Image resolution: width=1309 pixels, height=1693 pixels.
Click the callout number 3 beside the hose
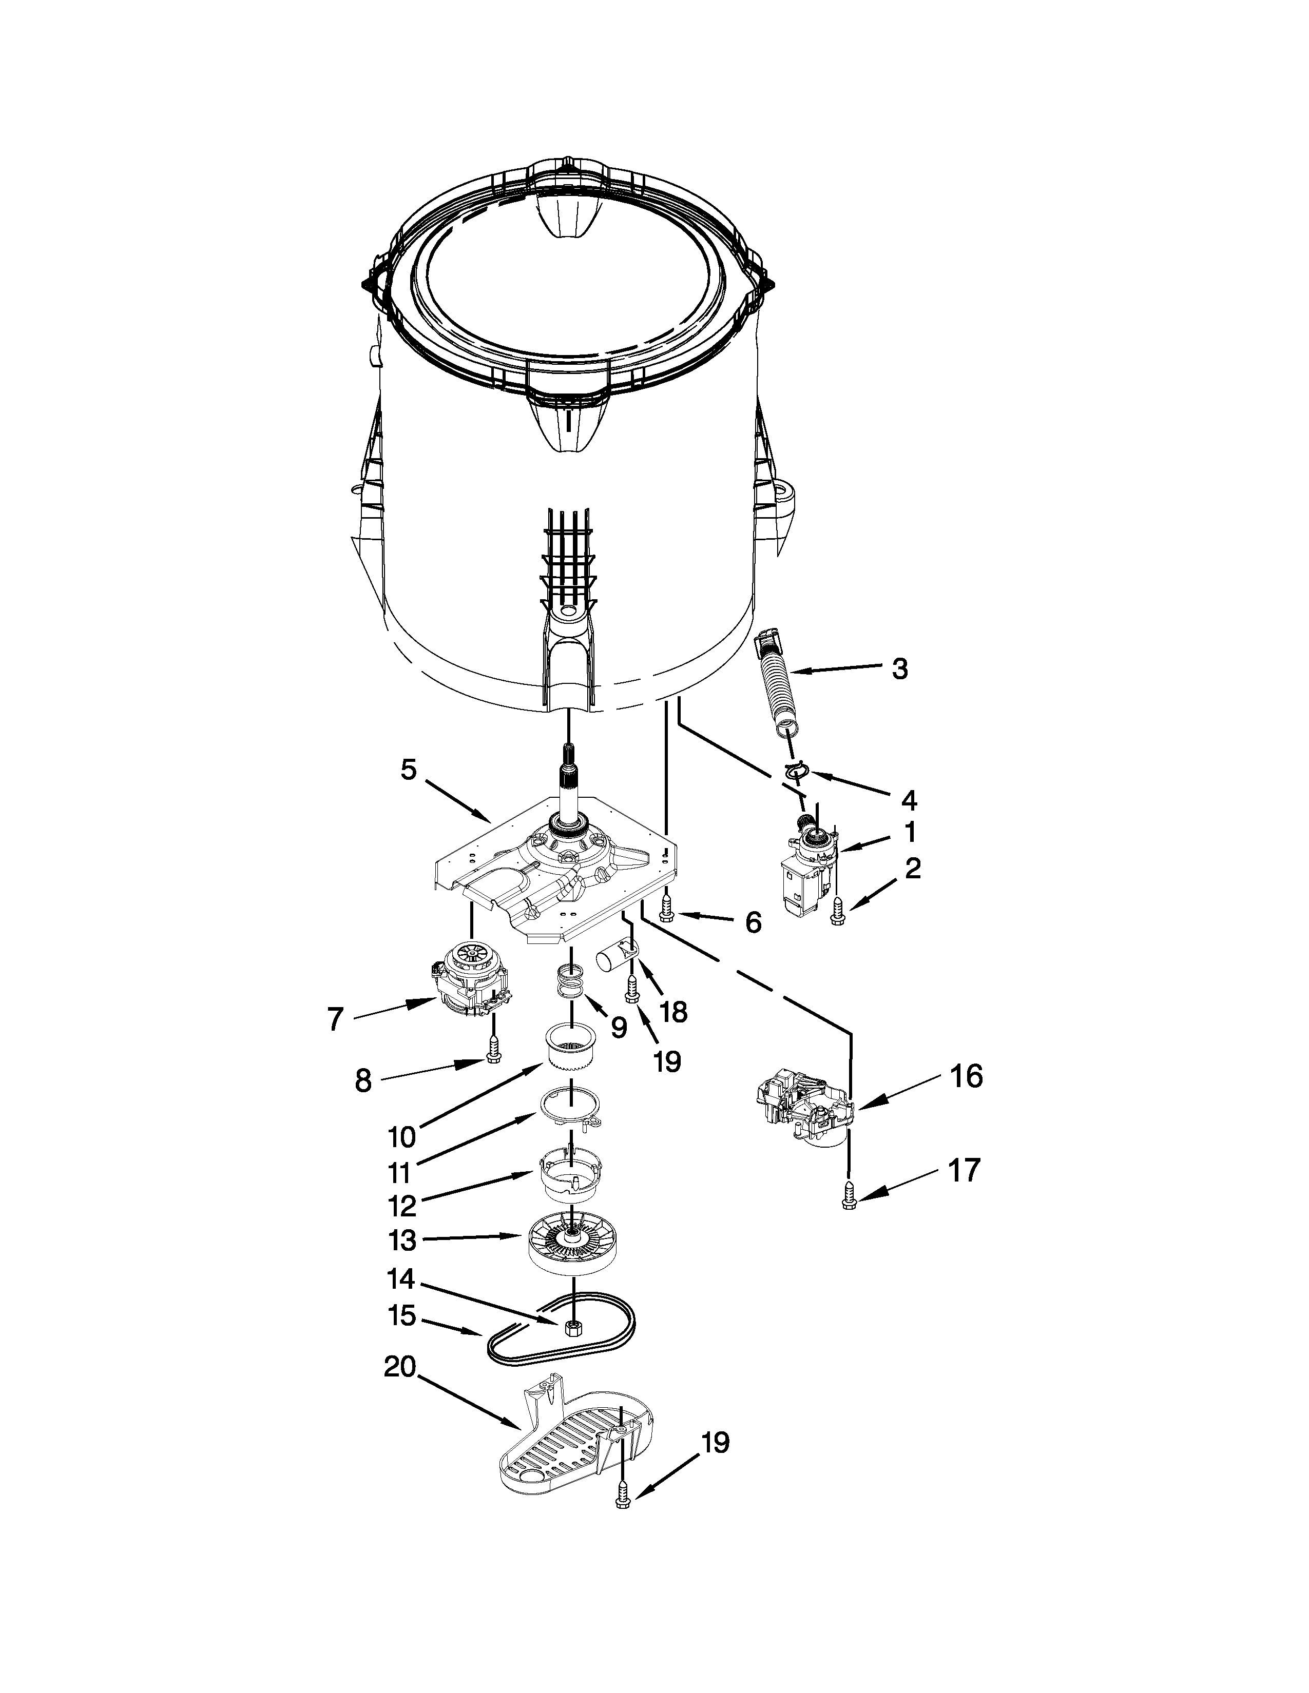[x=899, y=668]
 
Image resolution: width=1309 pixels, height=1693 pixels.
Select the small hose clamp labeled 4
[x=795, y=771]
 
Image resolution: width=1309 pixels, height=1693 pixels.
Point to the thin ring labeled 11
[x=571, y=1112]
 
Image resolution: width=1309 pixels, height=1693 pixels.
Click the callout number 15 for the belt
[x=404, y=1315]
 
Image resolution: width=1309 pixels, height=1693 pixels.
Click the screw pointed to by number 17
[x=849, y=1198]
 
